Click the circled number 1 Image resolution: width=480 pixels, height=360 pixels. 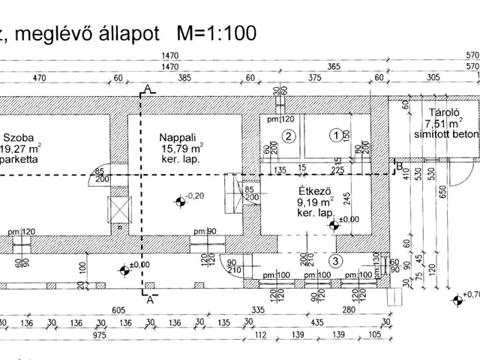point(337,135)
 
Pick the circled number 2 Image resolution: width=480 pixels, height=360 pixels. point(287,135)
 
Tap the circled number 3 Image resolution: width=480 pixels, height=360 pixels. point(336,261)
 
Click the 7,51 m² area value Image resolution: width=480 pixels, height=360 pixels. point(440,123)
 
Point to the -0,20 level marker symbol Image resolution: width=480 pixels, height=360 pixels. point(179,200)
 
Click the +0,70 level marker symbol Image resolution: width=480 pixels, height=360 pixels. point(457,301)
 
